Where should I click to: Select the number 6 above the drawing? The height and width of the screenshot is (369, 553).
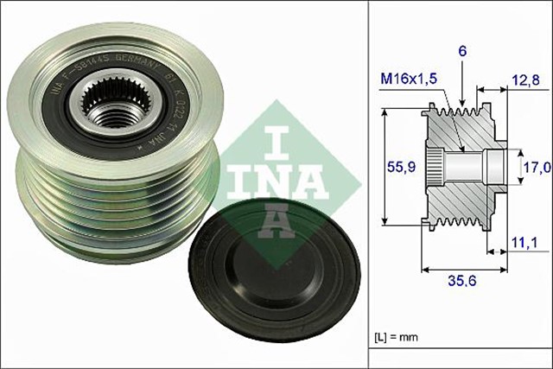pyautogui.click(x=462, y=52)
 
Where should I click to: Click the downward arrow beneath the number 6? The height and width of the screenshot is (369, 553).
pyautogui.click(x=462, y=86)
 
